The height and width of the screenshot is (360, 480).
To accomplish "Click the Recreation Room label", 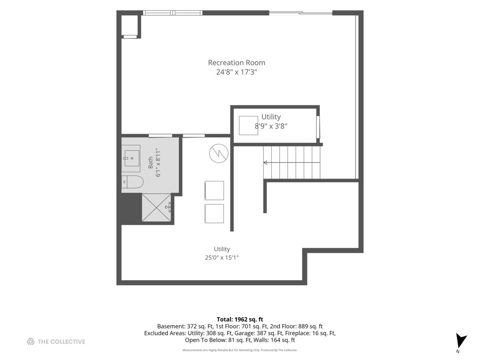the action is click(x=236, y=63).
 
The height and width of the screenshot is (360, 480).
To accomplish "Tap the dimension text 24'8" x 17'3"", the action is click(x=236, y=72).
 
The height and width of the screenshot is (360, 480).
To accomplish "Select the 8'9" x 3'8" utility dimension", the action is click(x=271, y=126).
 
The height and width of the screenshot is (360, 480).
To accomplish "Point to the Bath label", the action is click(x=150, y=162).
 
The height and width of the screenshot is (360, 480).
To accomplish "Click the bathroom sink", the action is click(x=131, y=158).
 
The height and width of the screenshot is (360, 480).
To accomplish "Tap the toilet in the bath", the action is click(x=132, y=182).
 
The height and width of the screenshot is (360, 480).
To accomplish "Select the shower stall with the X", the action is click(x=156, y=208).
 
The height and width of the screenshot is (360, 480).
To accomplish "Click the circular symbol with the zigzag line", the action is click(x=219, y=153).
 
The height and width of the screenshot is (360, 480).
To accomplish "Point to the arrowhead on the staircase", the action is click(x=266, y=162).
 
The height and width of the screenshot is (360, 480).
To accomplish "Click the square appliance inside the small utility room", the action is click(x=248, y=126).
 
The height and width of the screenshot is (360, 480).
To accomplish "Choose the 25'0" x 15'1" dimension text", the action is click(x=222, y=258).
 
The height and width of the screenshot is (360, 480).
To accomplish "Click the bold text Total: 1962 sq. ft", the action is click(x=240, y=319).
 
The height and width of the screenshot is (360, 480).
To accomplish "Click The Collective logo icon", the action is click(x=31, y=342).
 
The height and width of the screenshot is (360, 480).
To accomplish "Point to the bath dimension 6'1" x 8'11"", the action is click(x=158, y=162).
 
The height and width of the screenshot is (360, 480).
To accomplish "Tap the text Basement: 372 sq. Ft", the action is click(x=185, y=326).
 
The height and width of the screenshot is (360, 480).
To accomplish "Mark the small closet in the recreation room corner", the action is click(x=130, y=25).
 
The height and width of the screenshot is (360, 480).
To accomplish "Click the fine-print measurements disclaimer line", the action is click(x=240, y=350).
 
